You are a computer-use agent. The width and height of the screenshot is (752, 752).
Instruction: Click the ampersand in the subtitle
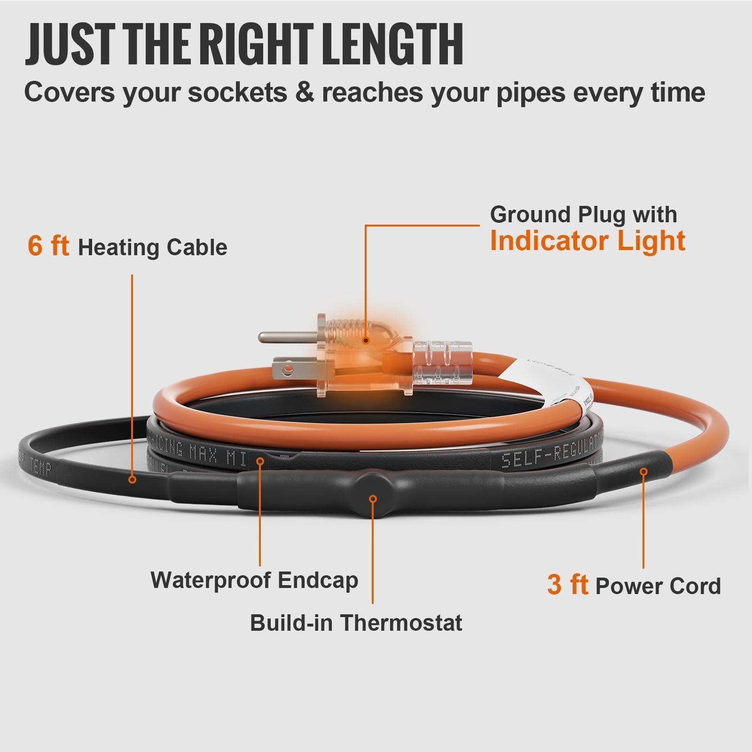click(x=304, y=93)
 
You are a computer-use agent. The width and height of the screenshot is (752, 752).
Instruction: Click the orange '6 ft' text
click(x=48, y=246)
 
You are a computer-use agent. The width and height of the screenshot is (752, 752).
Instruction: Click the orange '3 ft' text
click(x=567, y=585)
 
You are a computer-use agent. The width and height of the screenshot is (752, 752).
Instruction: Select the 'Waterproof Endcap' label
click(x=254, y=580)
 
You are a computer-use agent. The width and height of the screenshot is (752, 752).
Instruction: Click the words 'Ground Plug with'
click(x=583, y=215)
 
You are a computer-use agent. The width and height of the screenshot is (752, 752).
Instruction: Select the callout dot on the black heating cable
click(x=133, y=479)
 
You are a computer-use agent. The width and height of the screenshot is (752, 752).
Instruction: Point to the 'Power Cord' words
click(x=658, y=586)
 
